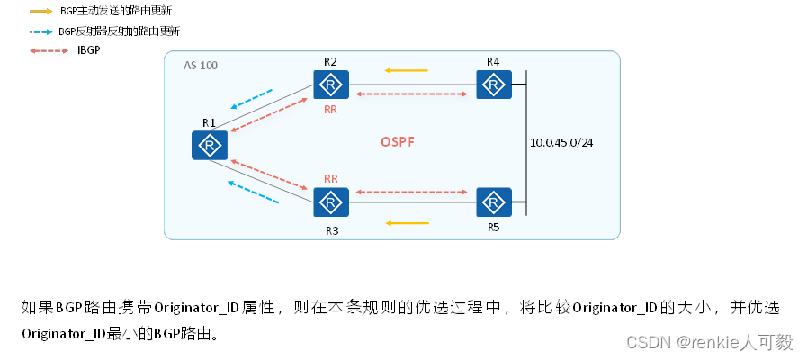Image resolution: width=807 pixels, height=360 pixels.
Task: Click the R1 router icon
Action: pos(210,144)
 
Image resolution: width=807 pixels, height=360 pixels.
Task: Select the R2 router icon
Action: pos(331,85)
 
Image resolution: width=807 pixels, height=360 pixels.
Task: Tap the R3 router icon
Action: pos(331,202)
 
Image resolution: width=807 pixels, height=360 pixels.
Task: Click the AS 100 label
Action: pos(200,66)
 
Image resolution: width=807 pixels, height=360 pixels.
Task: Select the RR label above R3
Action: pos(330,178)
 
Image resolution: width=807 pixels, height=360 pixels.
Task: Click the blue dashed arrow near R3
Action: pos(252,192)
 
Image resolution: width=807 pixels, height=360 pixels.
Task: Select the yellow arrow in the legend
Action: pos(40,12)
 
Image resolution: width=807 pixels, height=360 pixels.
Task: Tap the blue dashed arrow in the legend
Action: pos(40,31)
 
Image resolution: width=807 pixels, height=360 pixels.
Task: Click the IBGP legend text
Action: pos(89,49)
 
